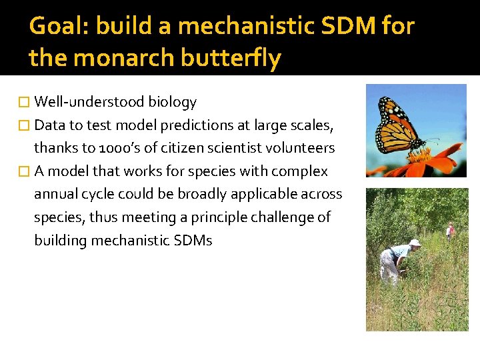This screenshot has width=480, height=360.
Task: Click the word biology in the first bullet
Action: point(172,102)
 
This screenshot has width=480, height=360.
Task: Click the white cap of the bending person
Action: point(415,243)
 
